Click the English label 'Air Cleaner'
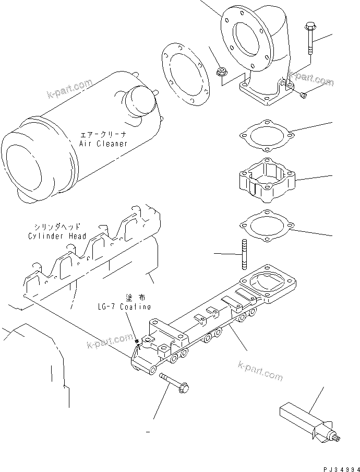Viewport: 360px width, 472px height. (103, 144)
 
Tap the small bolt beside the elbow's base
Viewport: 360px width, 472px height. (304, 94)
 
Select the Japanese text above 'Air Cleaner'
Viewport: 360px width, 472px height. (103, 134)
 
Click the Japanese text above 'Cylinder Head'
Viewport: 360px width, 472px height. (57, 227)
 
